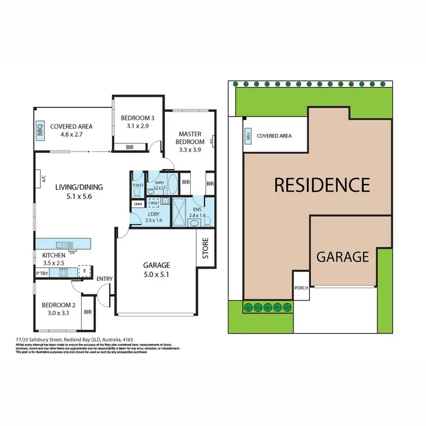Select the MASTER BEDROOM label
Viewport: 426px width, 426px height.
(x=189, y=137)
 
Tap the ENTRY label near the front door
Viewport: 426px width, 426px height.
(x=105, y=278)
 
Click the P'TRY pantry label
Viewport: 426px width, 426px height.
(x=41, y=273)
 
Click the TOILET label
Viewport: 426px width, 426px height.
(x=137, y=185)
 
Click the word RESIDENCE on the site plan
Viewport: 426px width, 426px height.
(x=321, y=185)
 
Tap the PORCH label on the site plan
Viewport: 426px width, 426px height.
(x=301, y=287)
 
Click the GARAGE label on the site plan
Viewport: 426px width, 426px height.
(x=343, y=257)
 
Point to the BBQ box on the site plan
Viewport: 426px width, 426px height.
(x=248, y=136)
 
